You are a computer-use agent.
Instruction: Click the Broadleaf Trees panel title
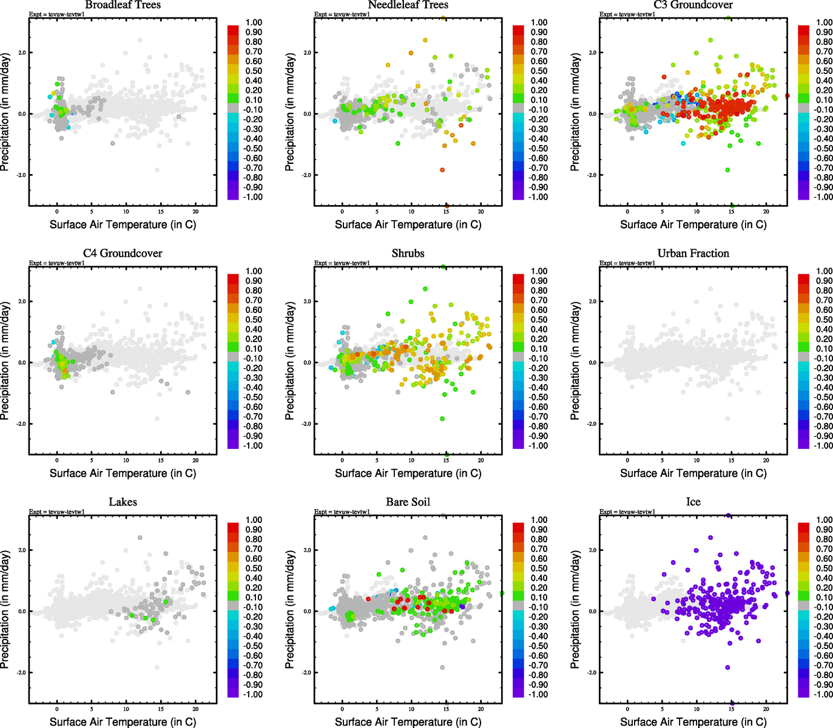click(x=123, y=5)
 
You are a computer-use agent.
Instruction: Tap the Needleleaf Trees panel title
click(x=408, y=5)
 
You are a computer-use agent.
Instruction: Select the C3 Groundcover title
click(x=693, y=5)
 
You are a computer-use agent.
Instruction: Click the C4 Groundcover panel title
click(x=123, y=254)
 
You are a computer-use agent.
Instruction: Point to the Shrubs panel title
click(x=408, y=254)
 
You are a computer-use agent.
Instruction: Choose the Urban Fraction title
click(x=693, y=254)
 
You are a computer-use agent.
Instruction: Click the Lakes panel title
click(x=123, y=502)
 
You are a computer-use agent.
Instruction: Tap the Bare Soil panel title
click(x=408, y=502)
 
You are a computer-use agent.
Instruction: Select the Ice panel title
click(x=693, y=502)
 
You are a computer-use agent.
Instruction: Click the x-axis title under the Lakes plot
click(x=123, y=722)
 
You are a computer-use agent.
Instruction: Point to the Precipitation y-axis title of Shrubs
click(x=289, y=361)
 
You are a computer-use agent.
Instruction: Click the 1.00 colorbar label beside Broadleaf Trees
click(x=254, y=22)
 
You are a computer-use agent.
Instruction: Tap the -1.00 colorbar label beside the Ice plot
click(x=823, y=695)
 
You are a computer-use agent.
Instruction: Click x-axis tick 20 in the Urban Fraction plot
click(x=766, y=460)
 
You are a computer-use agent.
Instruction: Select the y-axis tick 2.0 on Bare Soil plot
click(x=307, y=550)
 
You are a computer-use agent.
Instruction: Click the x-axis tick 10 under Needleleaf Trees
click(x=411, y=212)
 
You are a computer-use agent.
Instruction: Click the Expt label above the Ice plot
click(x=627, y=512)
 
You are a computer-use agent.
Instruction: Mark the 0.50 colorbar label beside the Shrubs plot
click(x=539, y=320)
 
